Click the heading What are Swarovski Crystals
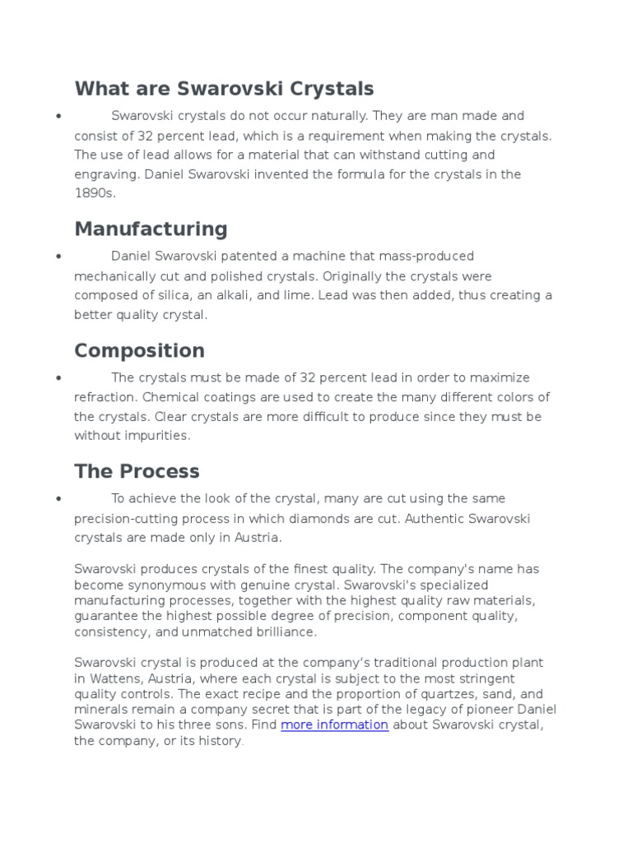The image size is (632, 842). click(224, 88)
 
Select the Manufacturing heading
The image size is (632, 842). click(151, 229)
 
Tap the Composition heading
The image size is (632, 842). click(139, 350)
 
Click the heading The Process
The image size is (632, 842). click(137, 471)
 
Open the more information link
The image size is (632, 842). click(334, 724)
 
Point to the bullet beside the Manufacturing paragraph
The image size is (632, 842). click(59, 257)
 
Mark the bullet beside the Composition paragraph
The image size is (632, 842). click(59, 378)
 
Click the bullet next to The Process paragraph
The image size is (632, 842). click(59, 499)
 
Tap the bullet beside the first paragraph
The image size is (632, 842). click(59, 117)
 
